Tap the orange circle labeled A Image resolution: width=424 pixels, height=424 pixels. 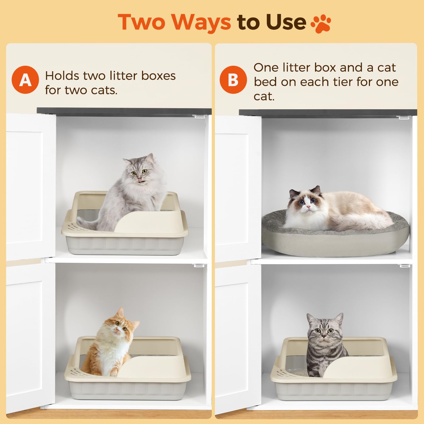click(x=25, y=80)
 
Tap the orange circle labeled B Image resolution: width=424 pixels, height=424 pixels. click(x=233, y=80)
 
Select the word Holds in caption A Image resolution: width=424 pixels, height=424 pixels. click(x=61, y=76)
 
